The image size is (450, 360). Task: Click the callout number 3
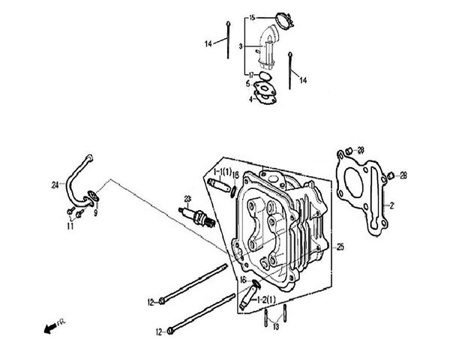click(240, 46)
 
